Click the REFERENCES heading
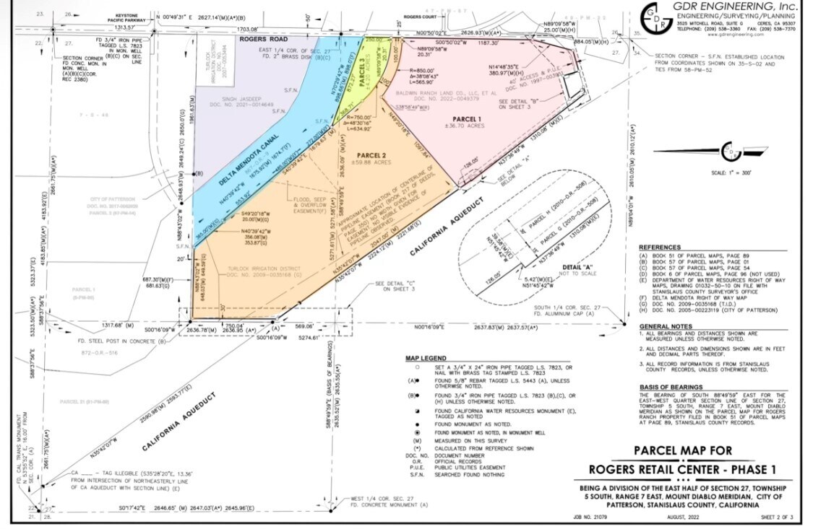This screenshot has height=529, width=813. coord(659,247)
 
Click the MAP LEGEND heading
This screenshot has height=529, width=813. coord(426,358)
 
